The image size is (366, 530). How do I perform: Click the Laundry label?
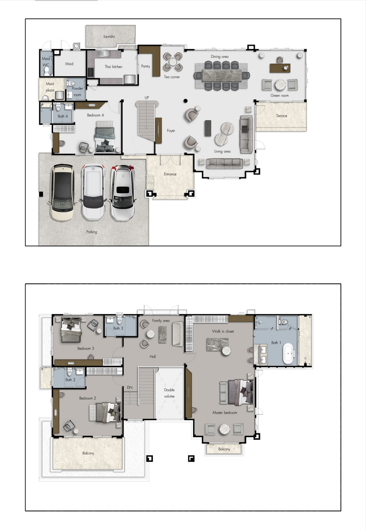pos(109,36)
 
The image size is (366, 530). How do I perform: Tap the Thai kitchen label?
pos(113,66)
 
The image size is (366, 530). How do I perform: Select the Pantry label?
pos(145,66)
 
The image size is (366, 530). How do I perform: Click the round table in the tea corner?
pos(172,62)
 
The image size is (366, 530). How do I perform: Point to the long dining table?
pos(222,76)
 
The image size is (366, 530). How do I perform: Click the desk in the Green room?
pos(280,68)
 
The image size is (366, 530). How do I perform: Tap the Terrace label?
pos(281,116)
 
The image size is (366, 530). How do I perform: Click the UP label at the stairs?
pos(147,97)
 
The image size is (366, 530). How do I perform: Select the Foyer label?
pos(171,130)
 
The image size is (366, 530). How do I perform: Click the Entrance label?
pos(170,174)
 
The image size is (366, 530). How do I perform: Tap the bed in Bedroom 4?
pos(105,136)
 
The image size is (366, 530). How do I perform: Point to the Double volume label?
pos(169,393)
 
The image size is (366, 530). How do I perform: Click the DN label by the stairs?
pos(130,387)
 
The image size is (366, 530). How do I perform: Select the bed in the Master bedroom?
pos(237,392)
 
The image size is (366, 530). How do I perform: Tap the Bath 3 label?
pos(118,328)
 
